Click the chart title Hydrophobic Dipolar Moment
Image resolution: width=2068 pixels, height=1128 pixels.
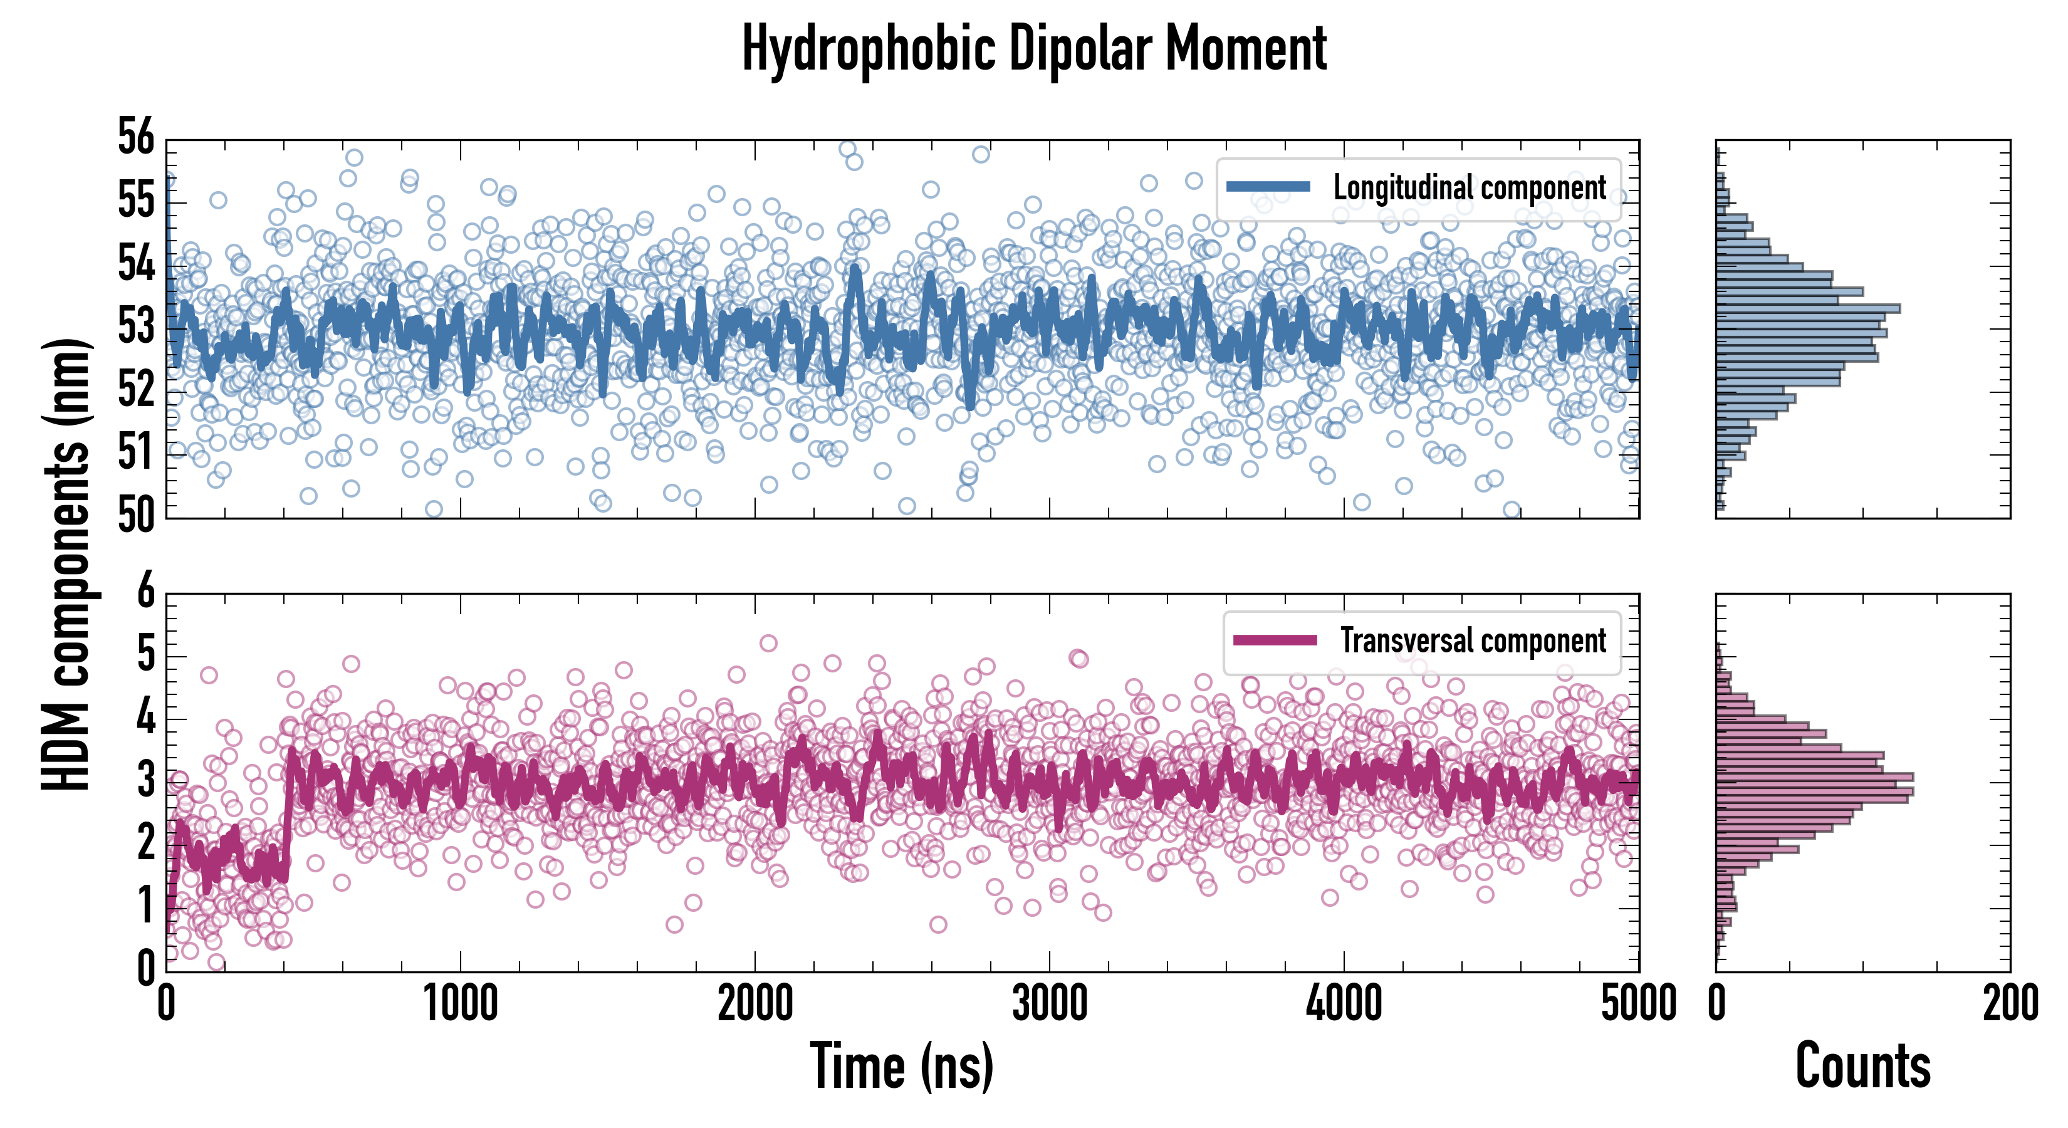1034,48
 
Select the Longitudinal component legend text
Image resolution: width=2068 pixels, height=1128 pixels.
1469,188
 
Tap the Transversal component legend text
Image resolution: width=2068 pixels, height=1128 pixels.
1473,640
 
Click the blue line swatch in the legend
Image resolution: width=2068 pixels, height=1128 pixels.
1268,187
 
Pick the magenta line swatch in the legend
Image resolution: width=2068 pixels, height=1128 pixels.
1275,640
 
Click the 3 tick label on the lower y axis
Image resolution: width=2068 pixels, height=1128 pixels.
145,780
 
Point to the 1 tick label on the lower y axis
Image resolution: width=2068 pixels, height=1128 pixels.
145,906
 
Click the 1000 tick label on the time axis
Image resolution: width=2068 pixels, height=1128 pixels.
461,1003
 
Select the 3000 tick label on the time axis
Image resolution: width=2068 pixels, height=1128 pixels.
1049,1003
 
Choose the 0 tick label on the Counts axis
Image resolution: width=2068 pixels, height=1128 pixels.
1716,1003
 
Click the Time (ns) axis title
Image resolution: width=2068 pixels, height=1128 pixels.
902,1066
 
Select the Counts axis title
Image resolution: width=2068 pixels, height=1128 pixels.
1862,1066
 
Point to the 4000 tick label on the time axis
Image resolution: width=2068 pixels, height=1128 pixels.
1344,1003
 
